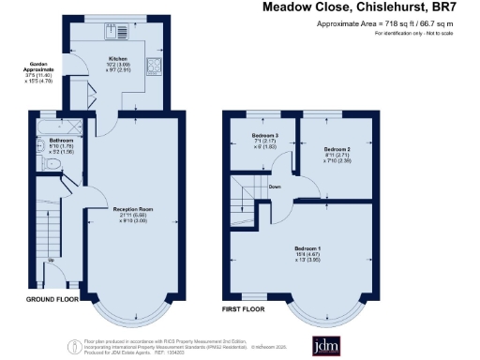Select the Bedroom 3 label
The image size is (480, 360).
tap(251, 138)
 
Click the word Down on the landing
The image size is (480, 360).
tap(275, 186)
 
